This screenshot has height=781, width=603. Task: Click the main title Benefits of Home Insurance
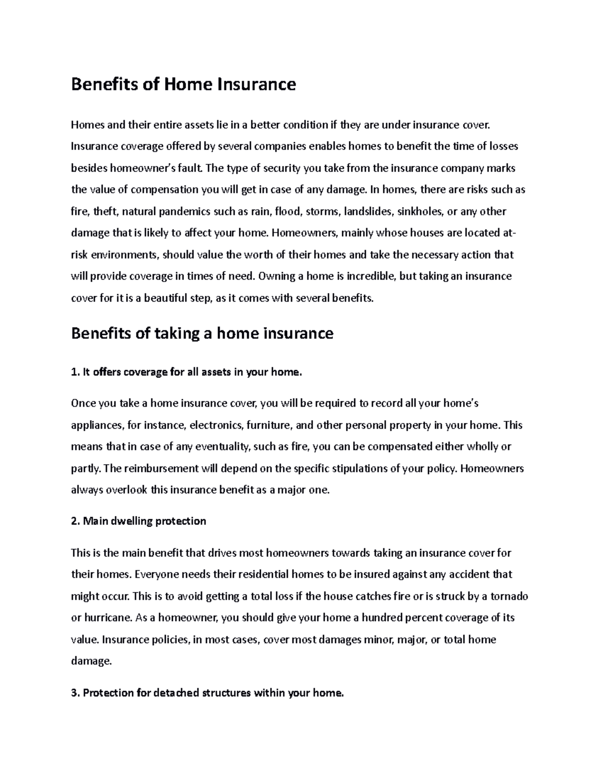click(x=183, y=84)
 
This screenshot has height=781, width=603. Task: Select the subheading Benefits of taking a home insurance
click(x=202, y=333)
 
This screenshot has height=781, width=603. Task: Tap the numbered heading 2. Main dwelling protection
click(x=139, y=521)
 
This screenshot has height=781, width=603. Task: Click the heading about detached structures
click(x=208, y=693)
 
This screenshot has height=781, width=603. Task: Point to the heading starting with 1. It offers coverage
click(x=187, y=372)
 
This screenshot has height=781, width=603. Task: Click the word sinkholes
click(x=419, y=211)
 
